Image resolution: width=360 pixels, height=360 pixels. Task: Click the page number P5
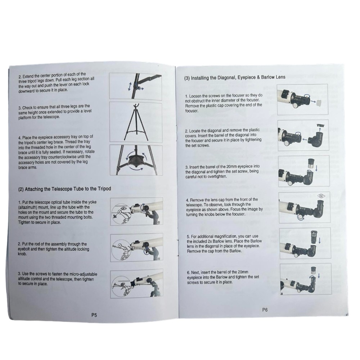pyautogui.click(x=94, y=315)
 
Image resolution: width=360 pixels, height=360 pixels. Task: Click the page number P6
pyautogui.click(x=265, y=310)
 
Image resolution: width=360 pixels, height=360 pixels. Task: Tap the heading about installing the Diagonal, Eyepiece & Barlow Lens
pyautogui.click(x=235, y=77)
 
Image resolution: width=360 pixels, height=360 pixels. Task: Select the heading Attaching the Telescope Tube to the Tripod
pyautogui.click(x=64, y=189)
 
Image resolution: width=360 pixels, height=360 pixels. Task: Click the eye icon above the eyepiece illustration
pyautogui.click(x=321, y=195)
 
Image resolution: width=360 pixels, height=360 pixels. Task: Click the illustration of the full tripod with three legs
pyautogui.click(x=136, y=122)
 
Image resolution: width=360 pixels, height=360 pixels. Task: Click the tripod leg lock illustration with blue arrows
pyautogui.click(x=135, y=86)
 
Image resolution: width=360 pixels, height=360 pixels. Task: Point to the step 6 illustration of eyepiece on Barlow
pyautogui.click(x=306, y=279)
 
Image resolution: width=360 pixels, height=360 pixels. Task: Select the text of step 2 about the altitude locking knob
pyautogui.click(x=53, y=249)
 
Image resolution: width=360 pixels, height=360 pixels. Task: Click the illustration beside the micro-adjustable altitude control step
pyautogui.click(x=136, y=284)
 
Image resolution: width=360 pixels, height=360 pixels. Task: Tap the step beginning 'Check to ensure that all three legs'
pyautogui.click(x=55, y=112)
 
